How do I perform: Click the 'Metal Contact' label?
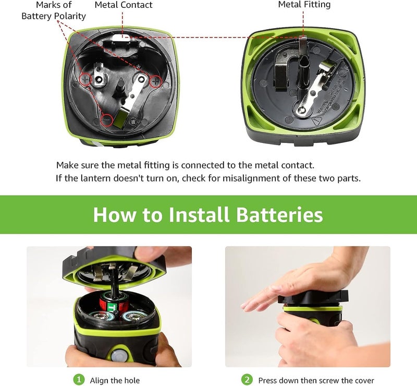pyautogui.click(x=124, y=5)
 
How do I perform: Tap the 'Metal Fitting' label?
pyautogui.click(x=304, y=5)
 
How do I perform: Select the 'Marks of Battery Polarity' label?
pyautogui.click(x=54, y=10)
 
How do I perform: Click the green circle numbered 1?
pyautogui.click(x=79, y=380)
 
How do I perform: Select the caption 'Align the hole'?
pyautogui.click(x=114, y=380)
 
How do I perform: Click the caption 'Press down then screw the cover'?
pyautogui.click(x=316, y=380)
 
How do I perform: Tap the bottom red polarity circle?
pyautogui.click(x=107, y=119)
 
